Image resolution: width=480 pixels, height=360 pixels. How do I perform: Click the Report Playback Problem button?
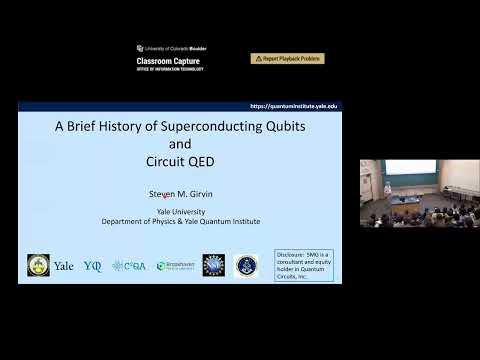click(287, 59)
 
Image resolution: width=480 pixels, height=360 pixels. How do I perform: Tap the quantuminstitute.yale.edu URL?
click(293, 106)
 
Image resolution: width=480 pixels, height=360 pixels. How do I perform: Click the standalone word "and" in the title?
click(179, 143)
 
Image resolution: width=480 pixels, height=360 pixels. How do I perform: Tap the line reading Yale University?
click(180, 212)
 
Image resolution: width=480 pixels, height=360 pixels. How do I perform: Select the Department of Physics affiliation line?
click(180, 221)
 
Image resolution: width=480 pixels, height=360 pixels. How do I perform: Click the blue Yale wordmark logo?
click(64, 266)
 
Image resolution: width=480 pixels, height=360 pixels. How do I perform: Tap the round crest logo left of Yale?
click(38, 265)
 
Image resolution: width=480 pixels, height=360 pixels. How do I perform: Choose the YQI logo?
click(93, 266)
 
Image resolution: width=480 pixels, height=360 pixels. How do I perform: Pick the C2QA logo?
click(128, 266)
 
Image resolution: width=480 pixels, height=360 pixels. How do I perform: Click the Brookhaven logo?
click(176, 266)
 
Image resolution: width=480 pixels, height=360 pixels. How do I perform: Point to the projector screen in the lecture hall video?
click(410, 168)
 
